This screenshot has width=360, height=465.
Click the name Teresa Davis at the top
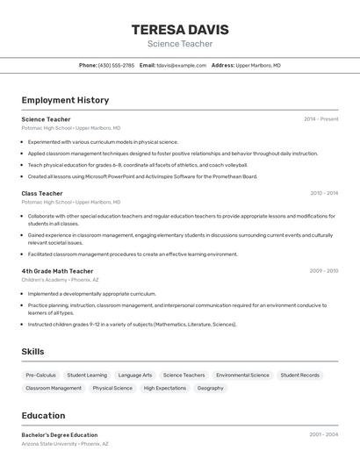pyautogui.click(x=179, y=29)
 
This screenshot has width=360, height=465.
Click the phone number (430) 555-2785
pyautogui.click(x=116, y=65)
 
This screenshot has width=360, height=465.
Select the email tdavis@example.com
pyautogui.click(x=181, y=65)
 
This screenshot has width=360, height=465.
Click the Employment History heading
pyautogui.click(x=65, y=100)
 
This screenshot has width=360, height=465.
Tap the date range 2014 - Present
pyautogui.click(x=320, y=118)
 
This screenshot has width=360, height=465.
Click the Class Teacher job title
pyautogui.click(x=42, y=193)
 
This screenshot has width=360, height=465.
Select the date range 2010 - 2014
pyautogui.click(x=324, y=193)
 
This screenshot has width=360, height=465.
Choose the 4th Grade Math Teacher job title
pyautogui.click(x=57, y=271)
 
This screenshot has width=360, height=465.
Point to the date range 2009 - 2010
pyautogui.click(x=324, y=271)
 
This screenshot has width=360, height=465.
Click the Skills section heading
pyautogui.click(x=32, y=352)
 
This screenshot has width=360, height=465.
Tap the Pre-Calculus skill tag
pyautogui.click(x=40, y=375)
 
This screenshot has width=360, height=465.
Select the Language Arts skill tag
pyautogui.click(x=135, y=375)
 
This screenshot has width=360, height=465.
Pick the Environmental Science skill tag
pyautogui.click(x=242, y=375)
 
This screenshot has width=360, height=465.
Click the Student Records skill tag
pyautogui.click(x=300, y=375)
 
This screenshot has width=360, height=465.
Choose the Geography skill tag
pyautogui.click(x=210, y=388)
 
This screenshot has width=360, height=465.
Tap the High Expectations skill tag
pyautogui.click(x=165, y=388)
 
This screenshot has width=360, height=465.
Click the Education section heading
pyautogui.click(x=43, y=416)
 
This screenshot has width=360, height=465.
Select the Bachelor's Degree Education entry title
pyautogui.click(x=60, y=434)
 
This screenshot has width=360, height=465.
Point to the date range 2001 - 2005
pyautogui.click(x=324, y=434)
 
